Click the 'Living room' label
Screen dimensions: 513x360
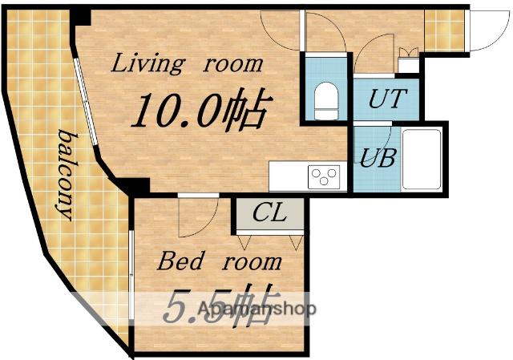[187, 64]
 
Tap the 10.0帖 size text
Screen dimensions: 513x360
[202, 108]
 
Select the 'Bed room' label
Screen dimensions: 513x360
[219, 261]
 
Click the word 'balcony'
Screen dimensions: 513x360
[67, 175]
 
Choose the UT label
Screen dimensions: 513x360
[388, 98]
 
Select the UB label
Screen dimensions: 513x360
[378, 158]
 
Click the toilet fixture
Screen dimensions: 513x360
[326, 100]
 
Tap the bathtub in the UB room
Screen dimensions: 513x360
[422, 160]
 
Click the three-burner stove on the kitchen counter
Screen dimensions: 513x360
[324, 176]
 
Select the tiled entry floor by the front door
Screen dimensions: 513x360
[444, 30]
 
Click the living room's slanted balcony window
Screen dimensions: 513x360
[85, 102]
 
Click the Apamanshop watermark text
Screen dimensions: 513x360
[256, 309]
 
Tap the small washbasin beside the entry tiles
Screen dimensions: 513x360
[409, 61]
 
